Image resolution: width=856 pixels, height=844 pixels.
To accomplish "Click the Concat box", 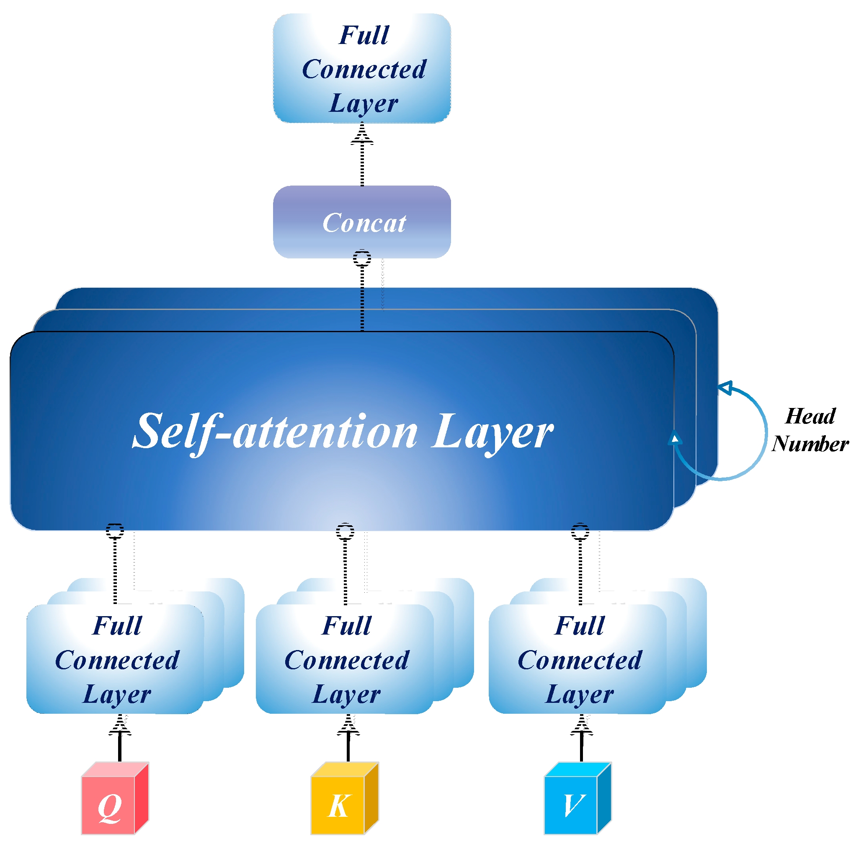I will [x=362, y=222].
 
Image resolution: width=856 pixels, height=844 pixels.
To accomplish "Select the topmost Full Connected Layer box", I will [x=362, y=69].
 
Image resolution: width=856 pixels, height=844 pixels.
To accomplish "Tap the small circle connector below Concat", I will [x=362, y=258].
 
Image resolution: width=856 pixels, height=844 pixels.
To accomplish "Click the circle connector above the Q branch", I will [x=115, y=530].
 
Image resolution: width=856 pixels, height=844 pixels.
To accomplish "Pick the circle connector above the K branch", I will [x=345, y=531].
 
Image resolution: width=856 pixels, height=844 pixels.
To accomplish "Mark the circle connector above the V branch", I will [x=580, y=531].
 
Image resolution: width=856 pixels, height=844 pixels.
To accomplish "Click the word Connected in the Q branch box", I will [x=117, y=660].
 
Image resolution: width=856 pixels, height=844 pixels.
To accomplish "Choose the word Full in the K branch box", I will [x=346, y=626].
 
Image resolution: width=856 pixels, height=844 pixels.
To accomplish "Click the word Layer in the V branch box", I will [x=580, y=694].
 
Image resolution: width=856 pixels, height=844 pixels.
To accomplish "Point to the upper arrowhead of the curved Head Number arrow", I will [x=725, y=388].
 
